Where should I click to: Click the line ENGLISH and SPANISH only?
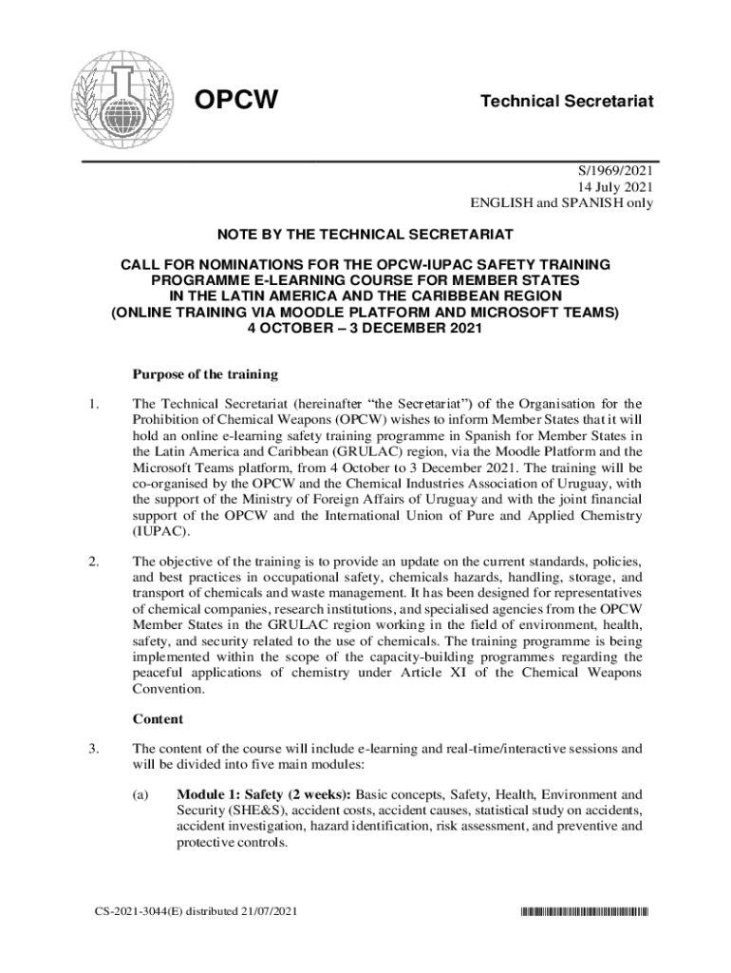[x=562, y=203]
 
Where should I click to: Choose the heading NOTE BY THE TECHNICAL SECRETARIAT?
[x=365, y=234]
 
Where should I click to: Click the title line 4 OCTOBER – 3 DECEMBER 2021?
[x=365, y=327]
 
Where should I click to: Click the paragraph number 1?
[x=90, y=408]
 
